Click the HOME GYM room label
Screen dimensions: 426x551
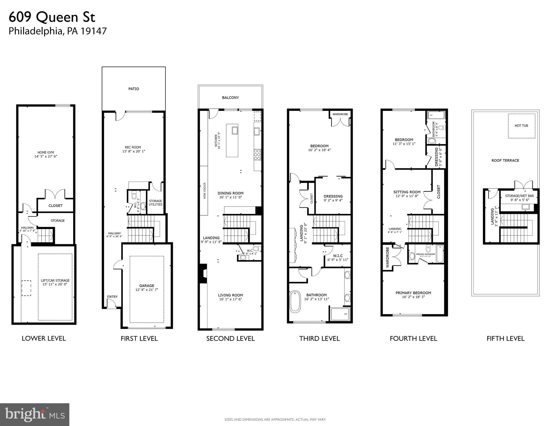click(46, 152)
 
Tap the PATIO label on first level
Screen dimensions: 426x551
click(134, 89)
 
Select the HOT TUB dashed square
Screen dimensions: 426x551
click(521, 126)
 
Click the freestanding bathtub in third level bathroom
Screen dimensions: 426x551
click(295, 301)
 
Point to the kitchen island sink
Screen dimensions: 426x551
click(235, 130)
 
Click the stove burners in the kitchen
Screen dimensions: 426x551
click(257, 155)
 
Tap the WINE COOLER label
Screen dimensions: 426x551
click(205, 191)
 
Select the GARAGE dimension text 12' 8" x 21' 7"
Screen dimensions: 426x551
click(147, 290)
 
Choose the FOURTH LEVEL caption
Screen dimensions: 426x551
click(413, 339)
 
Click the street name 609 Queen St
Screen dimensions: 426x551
click(52, 17)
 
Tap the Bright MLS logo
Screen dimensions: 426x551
click(35, 414)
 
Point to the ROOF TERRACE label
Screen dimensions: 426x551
click(505, 161)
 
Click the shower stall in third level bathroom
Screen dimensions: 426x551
click(340, 314)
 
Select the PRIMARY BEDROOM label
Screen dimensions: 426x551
click(413, 293)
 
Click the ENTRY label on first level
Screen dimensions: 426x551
click(112, 297)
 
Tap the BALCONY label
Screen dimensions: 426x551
click(230, 98)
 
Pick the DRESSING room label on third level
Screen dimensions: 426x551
click(333, 196)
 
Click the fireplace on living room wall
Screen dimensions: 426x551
click(204, 273)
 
